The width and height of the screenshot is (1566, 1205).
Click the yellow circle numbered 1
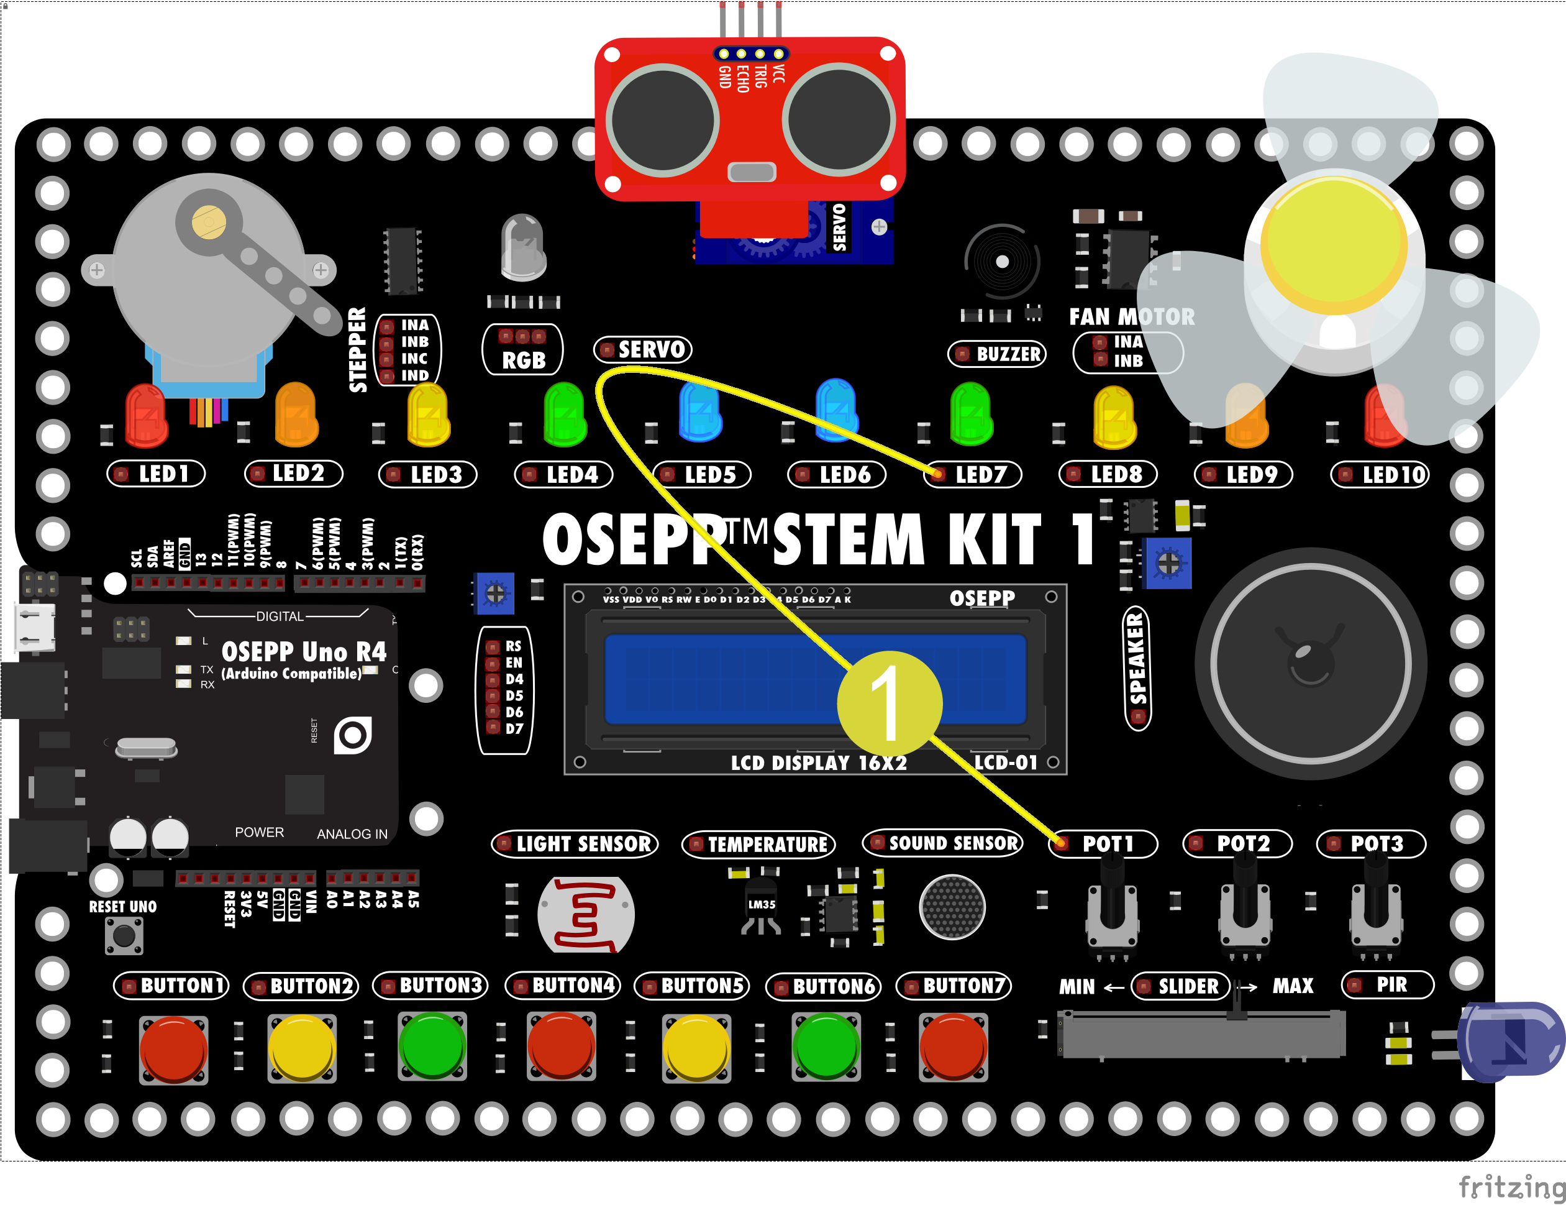coord(889,703)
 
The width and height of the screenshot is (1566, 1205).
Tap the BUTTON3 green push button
coord(432,1046)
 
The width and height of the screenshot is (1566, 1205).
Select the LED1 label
coord(157,474)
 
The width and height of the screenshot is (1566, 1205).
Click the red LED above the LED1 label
coord(146,415)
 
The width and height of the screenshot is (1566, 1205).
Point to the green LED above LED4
coord(565,415)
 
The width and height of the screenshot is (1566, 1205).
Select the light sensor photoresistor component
coord(586,915)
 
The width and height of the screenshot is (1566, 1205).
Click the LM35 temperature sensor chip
coord(762,906)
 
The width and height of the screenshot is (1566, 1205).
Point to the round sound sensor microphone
coord(952,907)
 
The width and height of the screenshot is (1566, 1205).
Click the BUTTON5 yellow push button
coord(696,1047)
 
